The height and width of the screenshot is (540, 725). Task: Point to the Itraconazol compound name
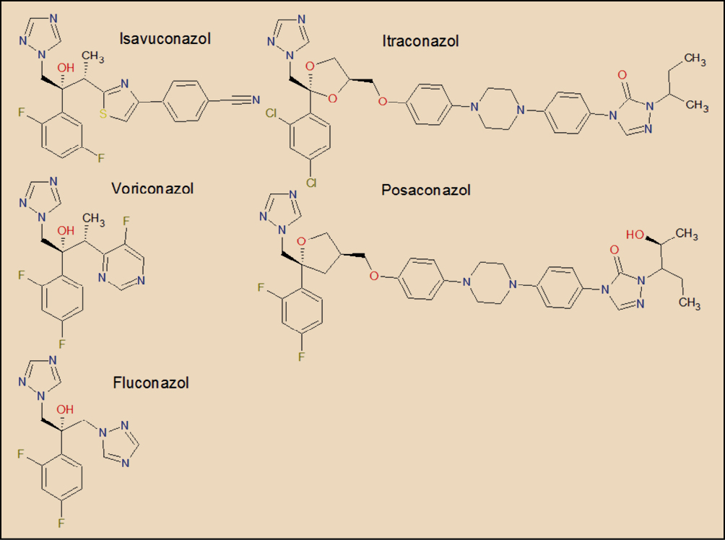[420, 41]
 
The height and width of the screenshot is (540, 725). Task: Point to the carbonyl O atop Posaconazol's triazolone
[615, 250]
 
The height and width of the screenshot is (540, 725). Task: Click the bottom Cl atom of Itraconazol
[311, 183]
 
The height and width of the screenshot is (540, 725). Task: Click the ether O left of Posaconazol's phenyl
[373, 276]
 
